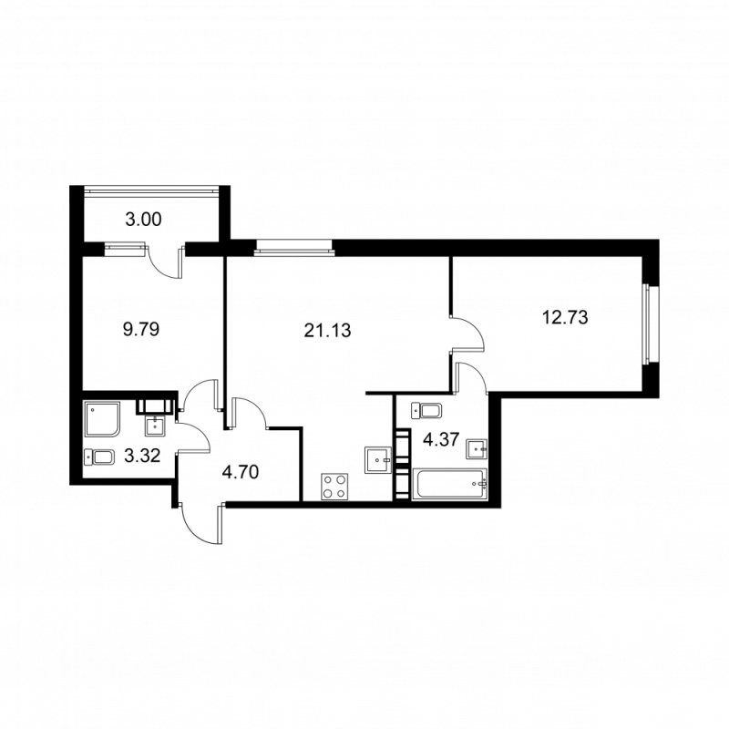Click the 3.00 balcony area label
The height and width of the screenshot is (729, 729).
(x=143, y=218)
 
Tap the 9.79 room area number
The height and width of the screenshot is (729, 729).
(x=141, y=329)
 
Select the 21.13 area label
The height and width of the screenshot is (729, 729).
(x=327, y=329)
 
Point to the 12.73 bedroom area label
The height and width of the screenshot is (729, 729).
(x=564, y=317)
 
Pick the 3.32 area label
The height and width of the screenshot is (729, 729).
(x=143, y=457)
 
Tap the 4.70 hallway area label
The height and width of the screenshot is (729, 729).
(x=241, y=472)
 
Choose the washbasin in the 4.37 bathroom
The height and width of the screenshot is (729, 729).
(x=476, y=448)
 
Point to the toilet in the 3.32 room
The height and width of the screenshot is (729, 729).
(x=99, y=457)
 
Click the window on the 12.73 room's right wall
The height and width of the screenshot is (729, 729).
(x=647, y=324)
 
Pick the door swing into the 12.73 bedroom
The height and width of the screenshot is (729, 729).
(x=467, y=333)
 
